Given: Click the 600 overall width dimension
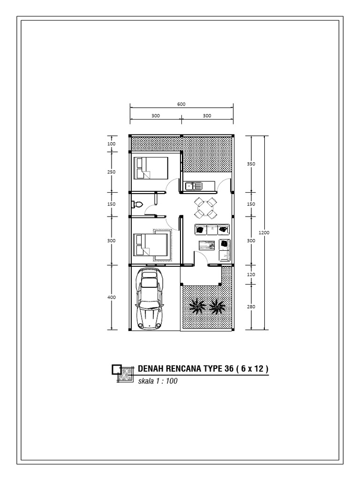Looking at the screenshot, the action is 181,104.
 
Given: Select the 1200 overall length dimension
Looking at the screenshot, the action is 264,232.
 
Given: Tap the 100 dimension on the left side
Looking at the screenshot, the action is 112,143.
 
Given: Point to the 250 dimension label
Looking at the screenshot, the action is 112,172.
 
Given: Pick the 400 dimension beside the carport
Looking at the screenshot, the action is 112,297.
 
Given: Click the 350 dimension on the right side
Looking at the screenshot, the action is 251,164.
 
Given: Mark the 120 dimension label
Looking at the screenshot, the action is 251,274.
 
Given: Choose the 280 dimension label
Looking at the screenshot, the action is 251,307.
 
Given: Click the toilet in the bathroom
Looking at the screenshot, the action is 137,204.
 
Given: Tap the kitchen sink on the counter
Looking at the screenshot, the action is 194,186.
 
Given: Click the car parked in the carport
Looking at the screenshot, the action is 150,299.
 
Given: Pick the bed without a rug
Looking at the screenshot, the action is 151,168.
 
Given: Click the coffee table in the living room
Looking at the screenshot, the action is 207,246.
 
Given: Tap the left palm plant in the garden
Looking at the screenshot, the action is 197,306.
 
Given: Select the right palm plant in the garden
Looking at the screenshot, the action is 217,306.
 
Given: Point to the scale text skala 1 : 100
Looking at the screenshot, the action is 157,381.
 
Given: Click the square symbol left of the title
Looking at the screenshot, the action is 117,369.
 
